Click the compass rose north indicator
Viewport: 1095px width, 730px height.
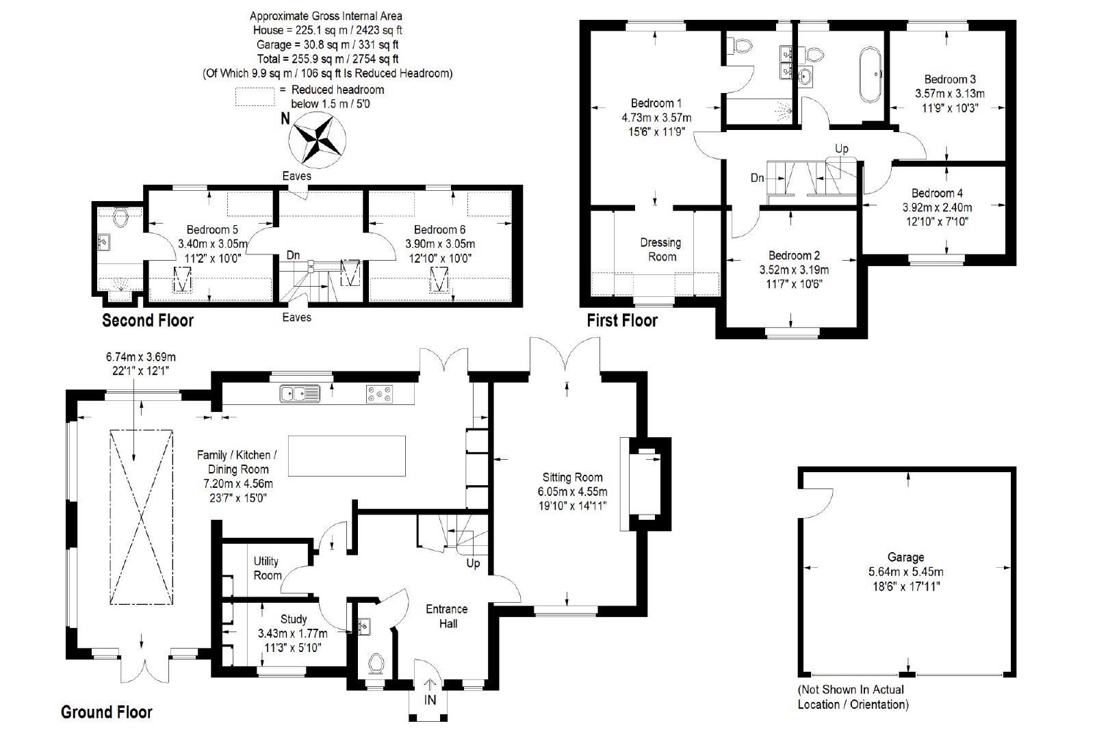pyautogui.click(x=318, y=140)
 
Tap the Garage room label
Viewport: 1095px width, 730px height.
pyautogui.click(x=905, y=557)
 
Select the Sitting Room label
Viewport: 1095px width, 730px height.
pyautogui.click(x=572, y=478)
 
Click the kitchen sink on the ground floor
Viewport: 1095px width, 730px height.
pyautogui.click(x=300, y=393)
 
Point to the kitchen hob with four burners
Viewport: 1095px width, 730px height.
pyautogui.click(x=379, y=394)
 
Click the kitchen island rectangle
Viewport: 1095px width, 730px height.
pyautogui.click(x=346, y=456)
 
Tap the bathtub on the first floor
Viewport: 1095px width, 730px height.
pyautogui.click(x=870, y=75)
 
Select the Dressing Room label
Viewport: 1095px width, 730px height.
pyautogui.click(x=661, y=250)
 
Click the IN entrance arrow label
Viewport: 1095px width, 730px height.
pyautogui.click(x=430, y=700)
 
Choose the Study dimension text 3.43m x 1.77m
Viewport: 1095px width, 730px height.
pyautogui.click(x=293, y=634)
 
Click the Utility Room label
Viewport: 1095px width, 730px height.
pyautogui.click(x=267, y=569)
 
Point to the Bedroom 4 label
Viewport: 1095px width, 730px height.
pyautogui.click(x=937, y=193)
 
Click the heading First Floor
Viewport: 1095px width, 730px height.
pyautogui.click(x=622, y=321)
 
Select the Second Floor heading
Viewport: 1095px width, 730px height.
pyautogui.click(x=148, y=321)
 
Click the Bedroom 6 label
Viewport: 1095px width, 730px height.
pyautogui.click(x=439, y=230)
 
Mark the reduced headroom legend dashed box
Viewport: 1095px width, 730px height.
pyautogui.click(x=255, y=96)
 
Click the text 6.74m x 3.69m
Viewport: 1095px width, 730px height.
pyautogui.click(x=141, y=357)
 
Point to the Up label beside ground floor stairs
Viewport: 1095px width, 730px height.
pyautogui.click(x=473, y=563)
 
